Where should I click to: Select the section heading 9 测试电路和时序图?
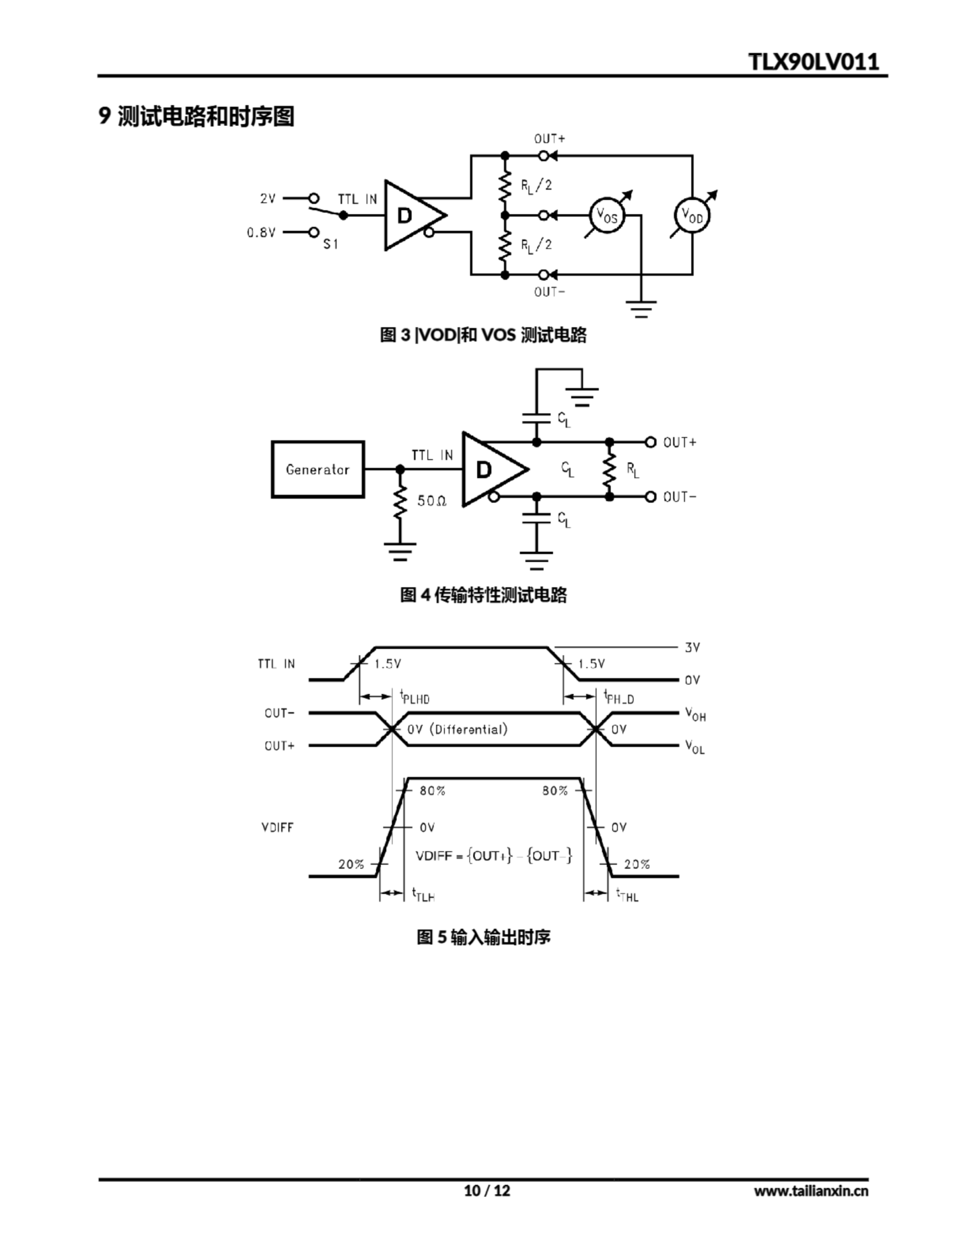point(196,116)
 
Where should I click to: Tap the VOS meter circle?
point(607,216)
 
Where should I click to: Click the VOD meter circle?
point(692,216)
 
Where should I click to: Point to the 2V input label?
point(268,199)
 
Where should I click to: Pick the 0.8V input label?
point(262,232)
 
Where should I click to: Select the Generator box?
point(318,469)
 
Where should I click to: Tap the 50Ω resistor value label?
point(432,501)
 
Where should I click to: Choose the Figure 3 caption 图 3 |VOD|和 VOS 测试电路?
point(483,335)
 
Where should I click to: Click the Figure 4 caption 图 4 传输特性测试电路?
point(483,595)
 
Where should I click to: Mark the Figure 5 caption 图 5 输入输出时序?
point(483,937)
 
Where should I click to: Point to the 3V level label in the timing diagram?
point(692,647)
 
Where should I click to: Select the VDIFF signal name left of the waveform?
point(277,827)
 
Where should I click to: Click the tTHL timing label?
point(627,895)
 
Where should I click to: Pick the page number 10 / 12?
point(486,1191)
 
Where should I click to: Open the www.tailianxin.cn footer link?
point(811,1191)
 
